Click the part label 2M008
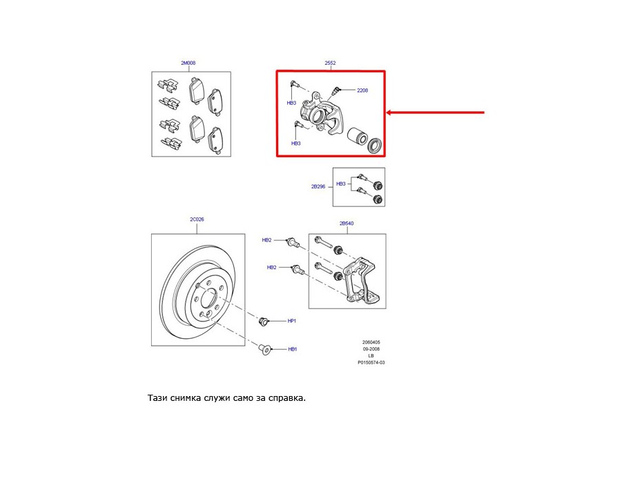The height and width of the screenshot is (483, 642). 188,63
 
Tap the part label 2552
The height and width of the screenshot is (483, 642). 330,63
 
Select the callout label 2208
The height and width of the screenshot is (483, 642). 362,90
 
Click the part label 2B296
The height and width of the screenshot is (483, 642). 318,187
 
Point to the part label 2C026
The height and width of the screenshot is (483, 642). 197,219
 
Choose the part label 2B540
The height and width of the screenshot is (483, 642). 347,224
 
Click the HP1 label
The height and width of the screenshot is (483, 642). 291,321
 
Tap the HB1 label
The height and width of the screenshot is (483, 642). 292,349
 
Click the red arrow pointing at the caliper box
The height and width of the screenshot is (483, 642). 435,112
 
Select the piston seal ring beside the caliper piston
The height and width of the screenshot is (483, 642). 375,146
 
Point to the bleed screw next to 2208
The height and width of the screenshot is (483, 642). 335,92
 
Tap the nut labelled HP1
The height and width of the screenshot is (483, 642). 263,321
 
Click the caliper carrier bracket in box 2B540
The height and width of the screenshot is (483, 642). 361,282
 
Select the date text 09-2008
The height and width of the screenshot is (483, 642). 371,349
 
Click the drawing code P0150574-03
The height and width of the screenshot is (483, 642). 371,363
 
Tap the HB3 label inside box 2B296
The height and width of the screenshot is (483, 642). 340,184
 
